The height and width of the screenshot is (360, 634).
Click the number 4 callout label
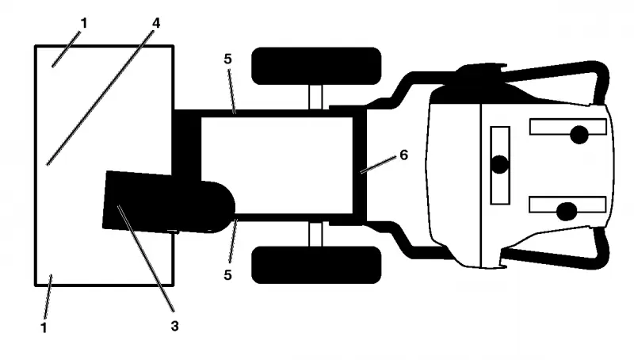click(156, 23)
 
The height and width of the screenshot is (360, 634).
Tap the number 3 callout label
click(174, 326)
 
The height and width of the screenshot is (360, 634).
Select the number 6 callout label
click(403, 155)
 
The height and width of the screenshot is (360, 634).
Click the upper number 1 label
click(84, 24)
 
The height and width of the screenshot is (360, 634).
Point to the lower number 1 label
click(44, 327)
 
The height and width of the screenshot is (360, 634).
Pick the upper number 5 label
click(227, 59)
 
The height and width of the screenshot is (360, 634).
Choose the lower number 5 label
click(227, 275)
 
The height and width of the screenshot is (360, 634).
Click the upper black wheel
click(316, 66)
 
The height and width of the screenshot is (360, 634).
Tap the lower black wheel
click(316, 265)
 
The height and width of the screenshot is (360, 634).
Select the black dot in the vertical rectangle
click(500, 165)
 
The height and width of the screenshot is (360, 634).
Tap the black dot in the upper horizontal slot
click(579, 135)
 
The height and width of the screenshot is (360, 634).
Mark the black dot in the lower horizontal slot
click(567, 212)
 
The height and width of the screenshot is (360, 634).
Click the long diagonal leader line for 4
click(101, 97)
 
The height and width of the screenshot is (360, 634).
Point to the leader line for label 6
click(378, 165)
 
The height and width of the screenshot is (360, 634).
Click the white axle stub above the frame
click(315, 97)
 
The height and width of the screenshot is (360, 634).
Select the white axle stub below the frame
click(315, 234)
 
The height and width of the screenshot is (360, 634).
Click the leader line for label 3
click(146, 259)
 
